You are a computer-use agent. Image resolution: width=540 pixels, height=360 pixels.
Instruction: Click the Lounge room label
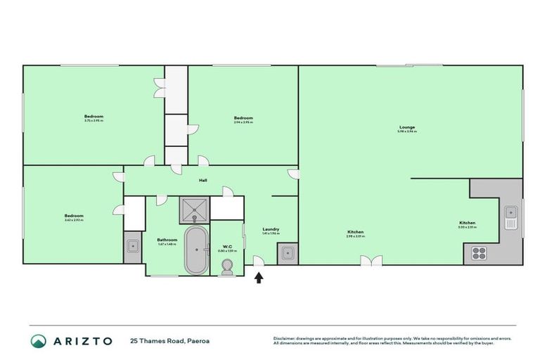[x=406, y=128]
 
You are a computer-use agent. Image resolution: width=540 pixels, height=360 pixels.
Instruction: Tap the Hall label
[x=202, y=181]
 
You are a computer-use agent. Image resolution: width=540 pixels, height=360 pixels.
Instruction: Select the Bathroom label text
[x=167, y=240]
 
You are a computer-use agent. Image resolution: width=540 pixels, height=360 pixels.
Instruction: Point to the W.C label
[x=226, y=246]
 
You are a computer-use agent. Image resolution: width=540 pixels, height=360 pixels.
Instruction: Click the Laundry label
[x=271, y=229]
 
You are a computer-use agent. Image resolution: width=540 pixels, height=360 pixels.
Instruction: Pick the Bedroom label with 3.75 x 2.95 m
[x=94, y=117]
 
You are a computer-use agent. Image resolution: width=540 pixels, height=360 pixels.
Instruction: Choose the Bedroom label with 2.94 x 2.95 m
[x=243, y=118]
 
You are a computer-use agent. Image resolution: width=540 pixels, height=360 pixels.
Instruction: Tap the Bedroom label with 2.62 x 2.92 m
[x=74, y=217]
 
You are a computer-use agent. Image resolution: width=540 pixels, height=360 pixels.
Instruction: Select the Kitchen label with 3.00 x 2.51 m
[x=468, y=224]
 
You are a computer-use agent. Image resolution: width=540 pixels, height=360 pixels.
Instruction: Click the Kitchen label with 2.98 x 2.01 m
[x=356, y=233]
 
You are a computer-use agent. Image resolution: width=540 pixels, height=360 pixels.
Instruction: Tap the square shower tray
[x=193, y=208]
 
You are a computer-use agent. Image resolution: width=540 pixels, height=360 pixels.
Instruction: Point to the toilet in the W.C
[x=226, y=267]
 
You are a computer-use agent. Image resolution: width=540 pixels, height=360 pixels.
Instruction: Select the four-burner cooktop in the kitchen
[x=480, y=253]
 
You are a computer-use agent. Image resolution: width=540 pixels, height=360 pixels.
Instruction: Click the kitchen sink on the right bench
[x=510, y=217]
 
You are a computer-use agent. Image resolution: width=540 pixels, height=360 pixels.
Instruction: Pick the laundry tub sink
[x=286, y=253]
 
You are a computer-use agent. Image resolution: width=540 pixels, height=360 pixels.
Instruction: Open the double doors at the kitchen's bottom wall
[x=371, y=261]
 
